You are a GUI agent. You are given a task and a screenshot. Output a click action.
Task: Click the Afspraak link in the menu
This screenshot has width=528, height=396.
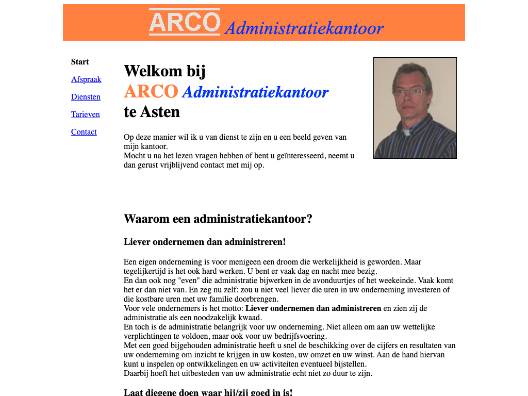[86, 79]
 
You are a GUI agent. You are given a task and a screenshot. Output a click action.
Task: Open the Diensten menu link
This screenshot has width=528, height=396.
[86, 97]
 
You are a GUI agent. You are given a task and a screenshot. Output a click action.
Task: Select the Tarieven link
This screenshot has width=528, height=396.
[86, 114]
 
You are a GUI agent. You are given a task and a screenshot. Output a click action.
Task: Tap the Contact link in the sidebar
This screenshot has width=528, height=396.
[84, 132]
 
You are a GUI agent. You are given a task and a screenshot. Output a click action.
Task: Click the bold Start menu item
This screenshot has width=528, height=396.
[80, 62]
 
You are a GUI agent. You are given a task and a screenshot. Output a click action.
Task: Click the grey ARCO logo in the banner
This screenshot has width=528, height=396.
[185, 22]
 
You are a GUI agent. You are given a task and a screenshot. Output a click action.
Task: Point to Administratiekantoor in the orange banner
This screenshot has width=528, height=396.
[304, 28]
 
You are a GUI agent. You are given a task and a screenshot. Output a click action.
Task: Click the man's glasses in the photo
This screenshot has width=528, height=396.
[409, 92]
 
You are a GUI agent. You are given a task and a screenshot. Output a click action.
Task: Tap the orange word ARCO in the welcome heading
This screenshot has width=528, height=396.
[151, 92]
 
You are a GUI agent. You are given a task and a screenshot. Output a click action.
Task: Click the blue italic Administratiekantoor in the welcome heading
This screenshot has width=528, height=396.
[255, 92]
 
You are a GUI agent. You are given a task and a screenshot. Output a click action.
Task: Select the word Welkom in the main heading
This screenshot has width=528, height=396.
[153, 71]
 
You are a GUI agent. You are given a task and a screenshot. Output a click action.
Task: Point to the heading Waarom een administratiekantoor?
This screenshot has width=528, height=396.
[218, 219]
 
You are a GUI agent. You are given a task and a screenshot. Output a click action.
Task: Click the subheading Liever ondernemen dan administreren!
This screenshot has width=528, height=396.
[205, 242]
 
